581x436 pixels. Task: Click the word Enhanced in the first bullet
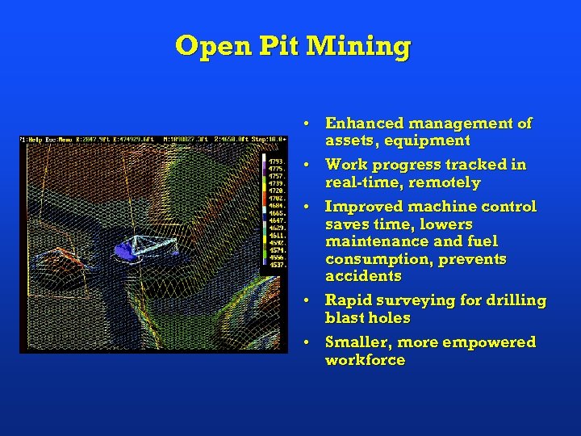[x=364, y=124]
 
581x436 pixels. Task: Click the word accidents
[x=363, y=276]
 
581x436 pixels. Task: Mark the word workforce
[x=365, y=360]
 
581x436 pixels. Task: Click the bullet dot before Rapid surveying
[x=308, y=300]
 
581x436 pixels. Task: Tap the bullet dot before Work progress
[x=308, y=165]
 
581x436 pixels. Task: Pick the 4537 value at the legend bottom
[x=275, y=265]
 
